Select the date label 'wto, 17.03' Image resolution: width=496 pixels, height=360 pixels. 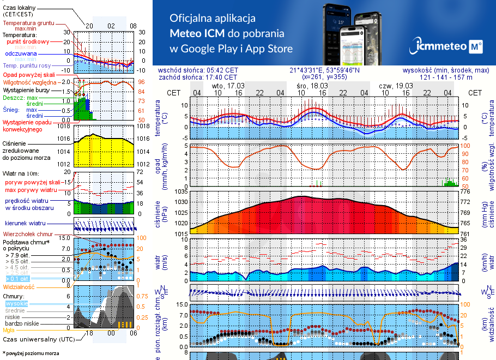coord(228,86)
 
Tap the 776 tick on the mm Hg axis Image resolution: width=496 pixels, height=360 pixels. coord(467,191)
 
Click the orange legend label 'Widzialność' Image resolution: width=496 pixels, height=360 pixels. coord(19,286)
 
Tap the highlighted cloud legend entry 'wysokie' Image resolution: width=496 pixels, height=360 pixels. coord(16,303)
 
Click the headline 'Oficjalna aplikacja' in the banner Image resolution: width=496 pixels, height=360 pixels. coord(213,18)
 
